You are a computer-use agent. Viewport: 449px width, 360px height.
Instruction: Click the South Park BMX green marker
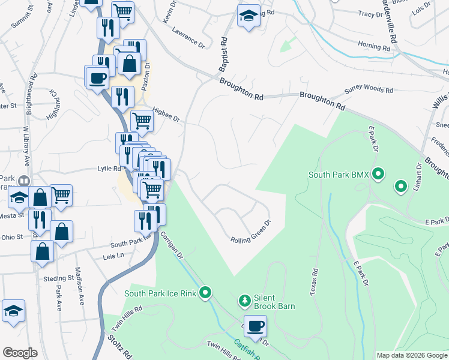tap(378, 175)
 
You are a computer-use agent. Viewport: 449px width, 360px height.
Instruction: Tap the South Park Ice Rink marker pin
tap(206, 293)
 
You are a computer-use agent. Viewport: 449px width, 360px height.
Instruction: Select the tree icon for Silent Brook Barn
tap(244, 300)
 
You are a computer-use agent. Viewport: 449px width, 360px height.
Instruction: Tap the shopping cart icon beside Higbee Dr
tap(142, 121)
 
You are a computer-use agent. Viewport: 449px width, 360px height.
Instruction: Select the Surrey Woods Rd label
tap(369, 91)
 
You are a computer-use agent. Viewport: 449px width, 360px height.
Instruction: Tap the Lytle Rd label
tap(109, 169)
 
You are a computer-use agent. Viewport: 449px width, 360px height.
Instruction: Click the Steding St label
tap(58, 278)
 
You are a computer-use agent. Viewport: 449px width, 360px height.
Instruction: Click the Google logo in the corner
tap(20, 353)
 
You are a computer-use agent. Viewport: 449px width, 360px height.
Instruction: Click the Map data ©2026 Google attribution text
tap(411, 355)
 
